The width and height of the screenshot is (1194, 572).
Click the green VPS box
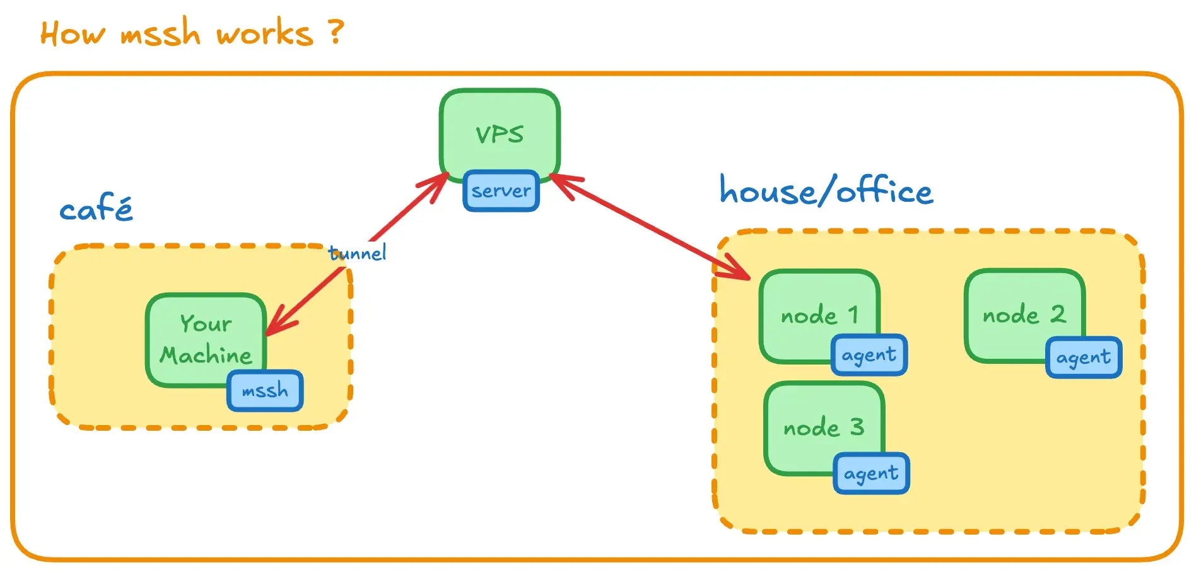tap(500, 134)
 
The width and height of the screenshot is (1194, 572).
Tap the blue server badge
tap(501, 190)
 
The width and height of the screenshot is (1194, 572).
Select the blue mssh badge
tap(265, 390)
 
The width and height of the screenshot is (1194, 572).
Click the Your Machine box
tap(206, 339)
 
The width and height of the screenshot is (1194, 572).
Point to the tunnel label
tap(357, 253)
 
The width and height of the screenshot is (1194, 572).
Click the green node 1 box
tap(819, 315)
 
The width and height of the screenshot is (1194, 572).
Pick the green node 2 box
tap(1024, 315)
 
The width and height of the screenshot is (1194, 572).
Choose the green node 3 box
tap(824, 428)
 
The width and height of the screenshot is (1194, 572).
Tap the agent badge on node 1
tap(869, 355)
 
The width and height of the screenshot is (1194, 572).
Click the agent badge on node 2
tap(1084, 358)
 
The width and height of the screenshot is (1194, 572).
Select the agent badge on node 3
tap(871, 473)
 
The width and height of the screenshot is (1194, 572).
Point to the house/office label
tap(826, 190)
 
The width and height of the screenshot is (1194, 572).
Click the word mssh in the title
tap(160, 33)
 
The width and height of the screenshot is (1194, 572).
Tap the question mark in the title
tap(337, 31)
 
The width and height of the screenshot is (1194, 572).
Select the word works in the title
tap(265, 33)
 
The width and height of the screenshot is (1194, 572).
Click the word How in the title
tap(73, 33)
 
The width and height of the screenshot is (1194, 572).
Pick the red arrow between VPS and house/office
tap(650, 226)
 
